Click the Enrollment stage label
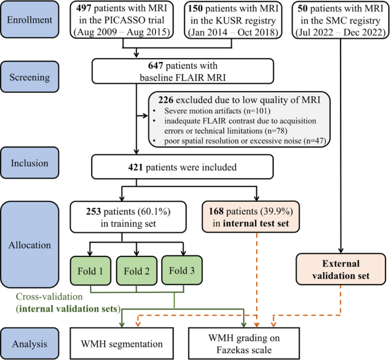coord(30,19)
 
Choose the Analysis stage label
coord(30,343)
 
